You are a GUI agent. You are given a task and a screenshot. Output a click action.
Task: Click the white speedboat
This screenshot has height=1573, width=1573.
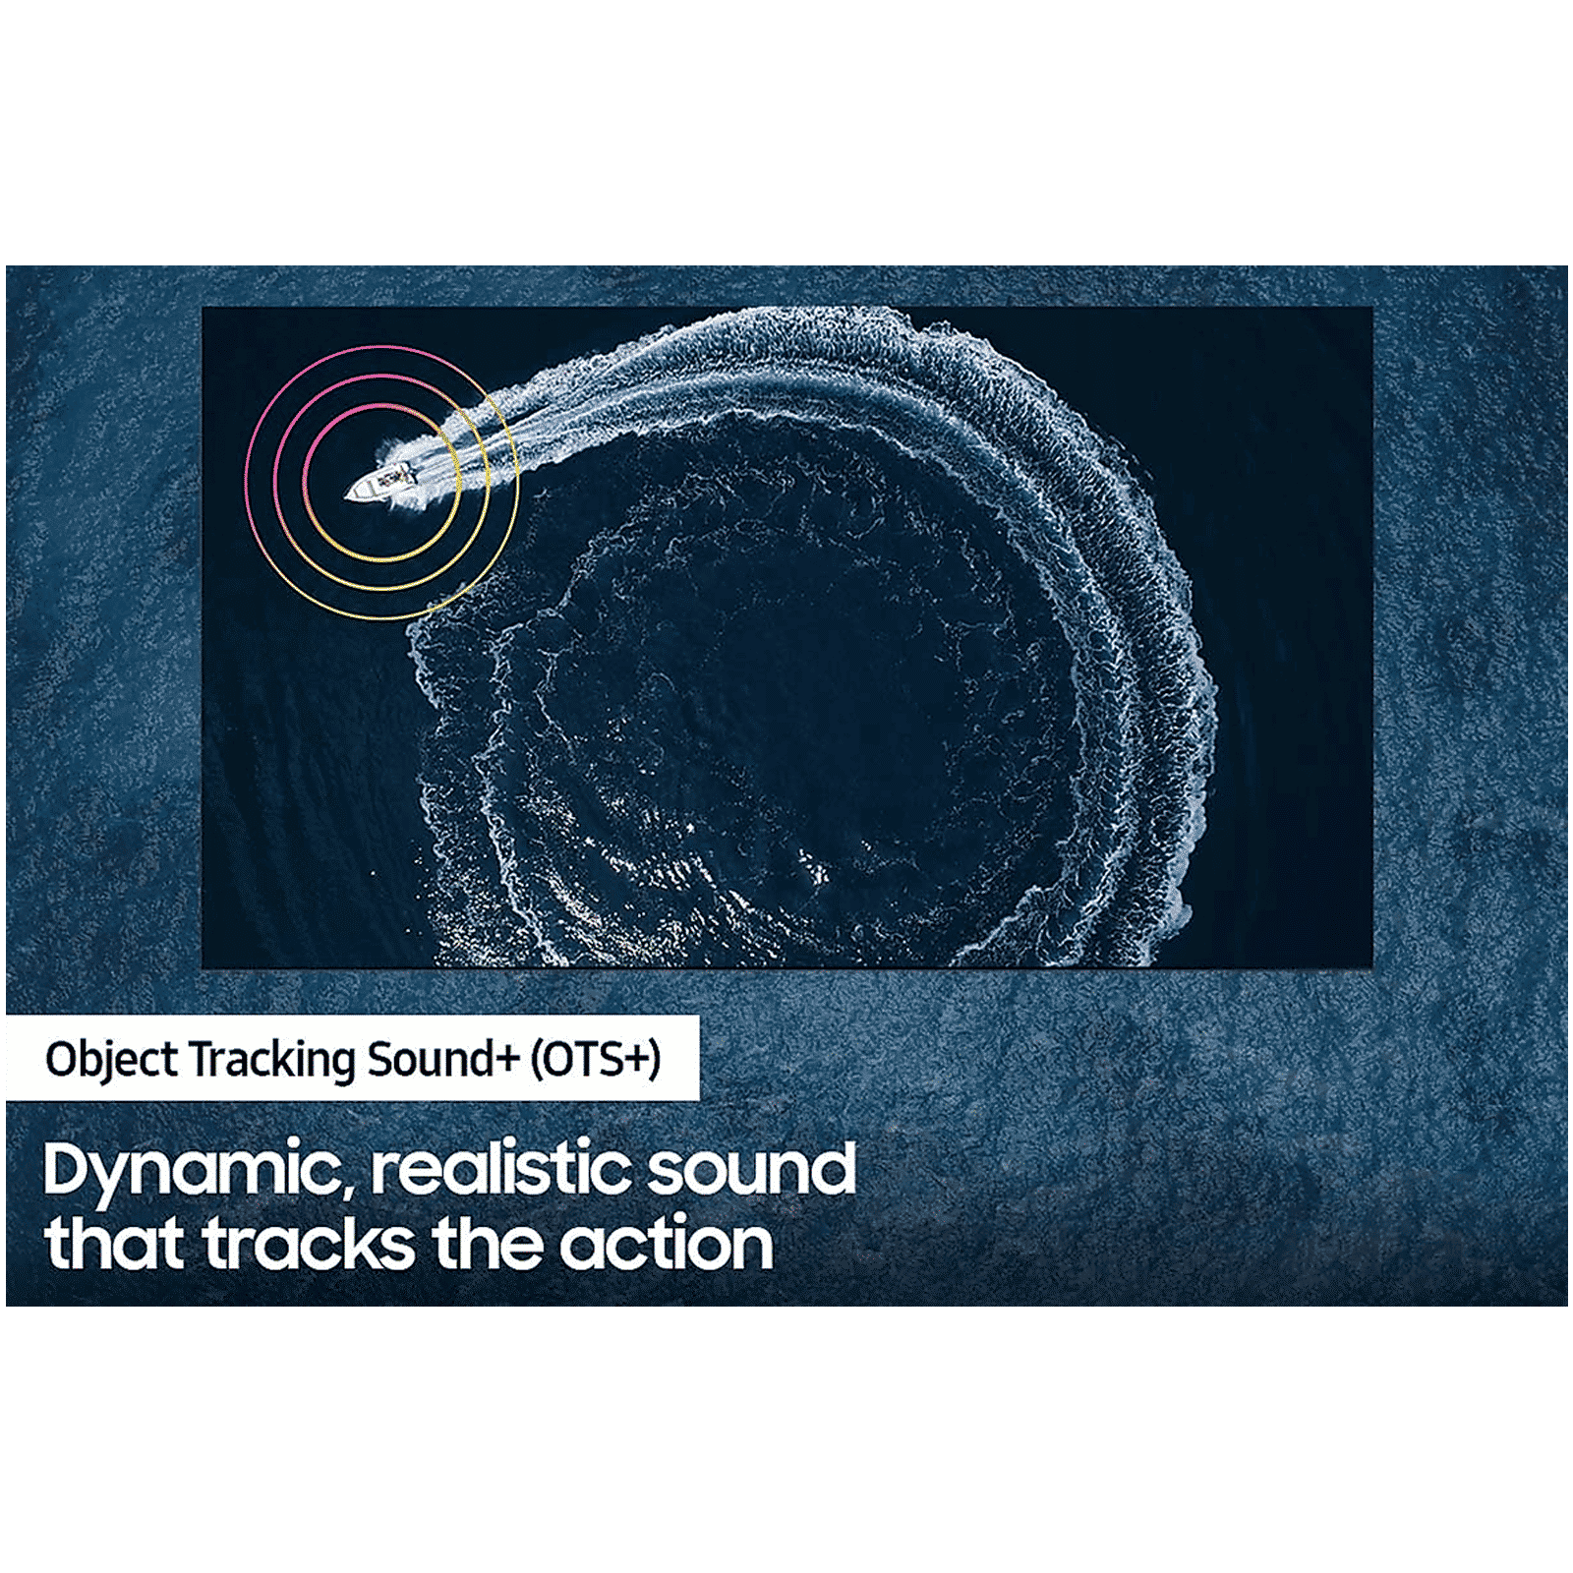(x=381, y=482)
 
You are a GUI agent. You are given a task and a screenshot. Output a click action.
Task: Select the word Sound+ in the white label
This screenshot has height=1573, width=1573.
(x=443, y=1059)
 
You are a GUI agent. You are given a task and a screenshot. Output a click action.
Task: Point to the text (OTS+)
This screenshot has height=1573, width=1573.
(x=596, y=1060)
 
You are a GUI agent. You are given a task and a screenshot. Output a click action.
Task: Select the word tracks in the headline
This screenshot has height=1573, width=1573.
(x=309, y=1243)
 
